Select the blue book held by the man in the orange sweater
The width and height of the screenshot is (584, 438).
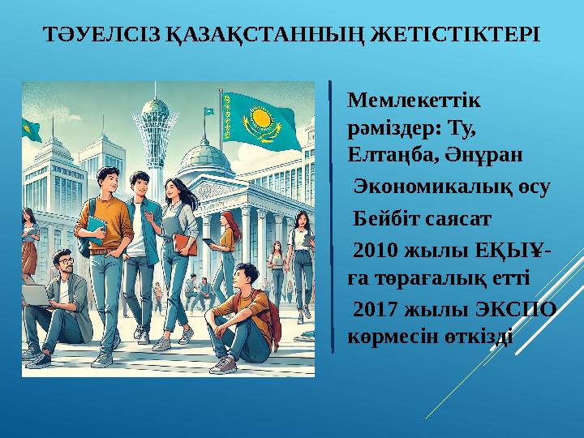coord(96,229)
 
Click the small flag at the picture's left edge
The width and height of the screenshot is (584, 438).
coord(31,129)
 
